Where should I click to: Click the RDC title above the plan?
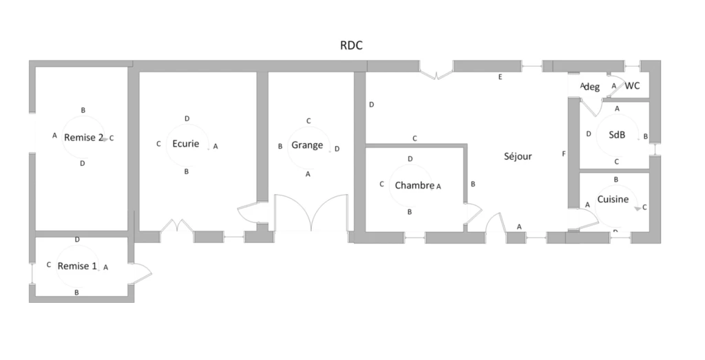click(351, 45)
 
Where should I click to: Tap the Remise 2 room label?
click(83, 138)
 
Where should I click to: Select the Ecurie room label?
click(186, 144)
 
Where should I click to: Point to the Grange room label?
click(307, 145)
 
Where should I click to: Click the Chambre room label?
click(414, 185)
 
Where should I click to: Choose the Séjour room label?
click(518, 156)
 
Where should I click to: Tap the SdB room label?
click(617, 134)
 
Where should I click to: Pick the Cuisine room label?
click(613, 199)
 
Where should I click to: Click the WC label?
click(632, 86)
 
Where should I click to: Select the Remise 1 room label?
click(77, 266)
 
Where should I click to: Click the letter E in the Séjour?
click(500, 77)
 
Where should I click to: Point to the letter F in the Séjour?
click(564, 154)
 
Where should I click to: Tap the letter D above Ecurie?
click(187, 118)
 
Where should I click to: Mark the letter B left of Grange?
click(280, 147)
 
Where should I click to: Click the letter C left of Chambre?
click(381, 184)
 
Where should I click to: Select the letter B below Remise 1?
click(77, 293)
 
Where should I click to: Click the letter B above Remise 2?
click(83, 110)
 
